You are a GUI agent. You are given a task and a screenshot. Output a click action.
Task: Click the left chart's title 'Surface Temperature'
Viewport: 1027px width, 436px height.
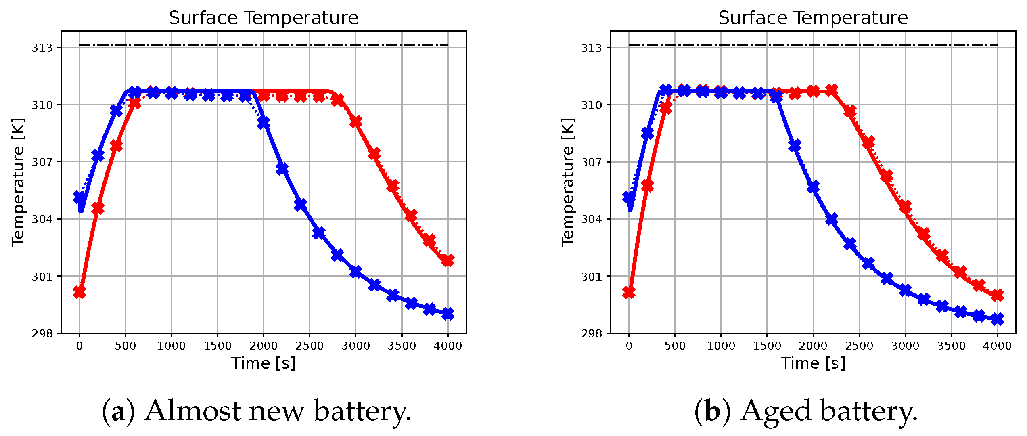coord(263,18)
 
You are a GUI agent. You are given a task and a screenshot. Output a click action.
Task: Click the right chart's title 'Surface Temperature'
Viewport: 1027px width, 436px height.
coord(813,18)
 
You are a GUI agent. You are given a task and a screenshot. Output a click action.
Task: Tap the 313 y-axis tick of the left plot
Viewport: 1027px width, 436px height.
coord(42,48)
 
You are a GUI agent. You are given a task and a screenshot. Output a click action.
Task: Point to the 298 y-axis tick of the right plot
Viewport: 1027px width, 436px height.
coord(592,334)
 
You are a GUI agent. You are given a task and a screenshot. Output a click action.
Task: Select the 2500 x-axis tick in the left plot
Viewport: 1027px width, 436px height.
coord(310,346)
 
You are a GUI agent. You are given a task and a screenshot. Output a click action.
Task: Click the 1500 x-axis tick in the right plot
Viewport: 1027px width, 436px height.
coord(767,346)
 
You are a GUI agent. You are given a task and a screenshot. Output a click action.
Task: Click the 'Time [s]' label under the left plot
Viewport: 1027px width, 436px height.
coord(263,363)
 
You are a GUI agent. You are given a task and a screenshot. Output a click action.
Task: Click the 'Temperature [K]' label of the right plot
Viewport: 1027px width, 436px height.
coord(568,182)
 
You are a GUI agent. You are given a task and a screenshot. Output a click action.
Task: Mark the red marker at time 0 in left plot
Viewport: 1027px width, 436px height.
coord(79,292)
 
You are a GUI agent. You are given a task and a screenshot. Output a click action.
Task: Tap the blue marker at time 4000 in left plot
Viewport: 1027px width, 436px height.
coord(448,314)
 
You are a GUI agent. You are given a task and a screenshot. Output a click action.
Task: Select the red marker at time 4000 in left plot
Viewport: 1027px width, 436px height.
coord(448,260)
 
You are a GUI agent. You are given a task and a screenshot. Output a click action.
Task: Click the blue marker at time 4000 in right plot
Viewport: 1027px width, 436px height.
coord(997,319)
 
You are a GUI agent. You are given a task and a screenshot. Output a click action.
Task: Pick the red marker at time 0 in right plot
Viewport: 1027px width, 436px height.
coord(629,292)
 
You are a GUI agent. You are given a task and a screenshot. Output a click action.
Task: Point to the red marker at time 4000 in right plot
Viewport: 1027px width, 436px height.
coord(997,295)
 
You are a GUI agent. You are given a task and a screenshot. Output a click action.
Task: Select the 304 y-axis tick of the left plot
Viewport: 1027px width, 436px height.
coord(42,220)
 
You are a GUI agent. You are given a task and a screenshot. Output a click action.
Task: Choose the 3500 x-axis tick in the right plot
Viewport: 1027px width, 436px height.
coord(951,346)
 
